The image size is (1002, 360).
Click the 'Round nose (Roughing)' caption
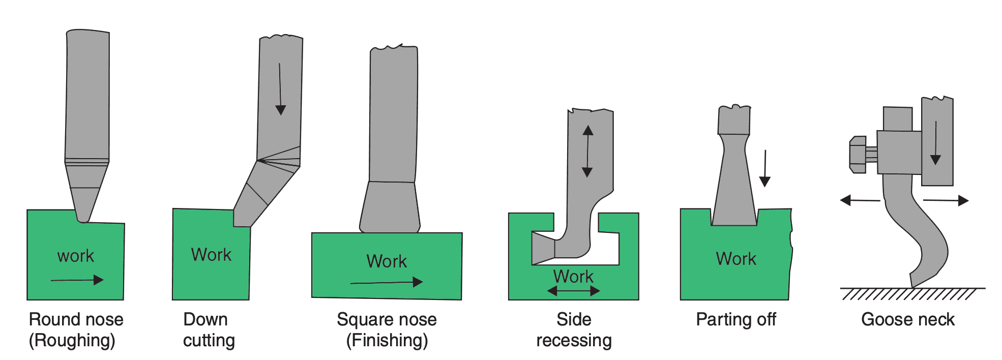tap(76, 329)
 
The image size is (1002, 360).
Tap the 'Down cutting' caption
tap(209, 329)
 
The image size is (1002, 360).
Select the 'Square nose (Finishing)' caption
tap(387, 329)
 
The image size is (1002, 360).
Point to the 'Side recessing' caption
tap(574, 329)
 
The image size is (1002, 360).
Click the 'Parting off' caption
tap(735, 319)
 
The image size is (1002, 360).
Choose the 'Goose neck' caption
tap(907, 319)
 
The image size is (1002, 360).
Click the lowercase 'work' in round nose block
tap(76, 256)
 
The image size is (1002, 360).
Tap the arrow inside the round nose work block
tap(77, 280)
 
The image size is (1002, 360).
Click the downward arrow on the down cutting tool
tap(280, 89)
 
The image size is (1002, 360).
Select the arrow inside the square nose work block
tap(387, 282)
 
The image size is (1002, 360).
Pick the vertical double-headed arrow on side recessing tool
tap(587, 151)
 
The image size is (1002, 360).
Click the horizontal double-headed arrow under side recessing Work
tap(573, 291)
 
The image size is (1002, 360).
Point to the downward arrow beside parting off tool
tap(764, 168)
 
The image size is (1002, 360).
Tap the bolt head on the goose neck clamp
tap(858, 155)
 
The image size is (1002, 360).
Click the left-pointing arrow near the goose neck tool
tap(860, 200)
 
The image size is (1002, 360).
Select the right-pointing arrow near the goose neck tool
tap(946, 200)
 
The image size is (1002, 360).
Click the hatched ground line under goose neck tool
tap(910, 293)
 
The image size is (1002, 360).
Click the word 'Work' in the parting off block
tap(735, 259)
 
